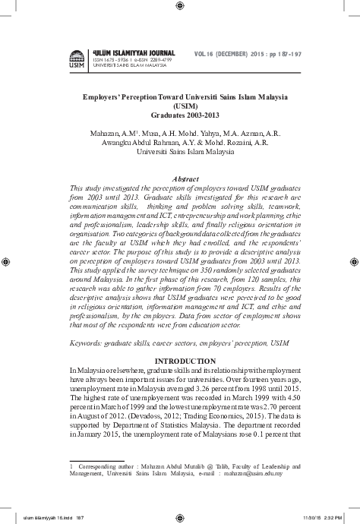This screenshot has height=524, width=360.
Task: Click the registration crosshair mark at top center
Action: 179,6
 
